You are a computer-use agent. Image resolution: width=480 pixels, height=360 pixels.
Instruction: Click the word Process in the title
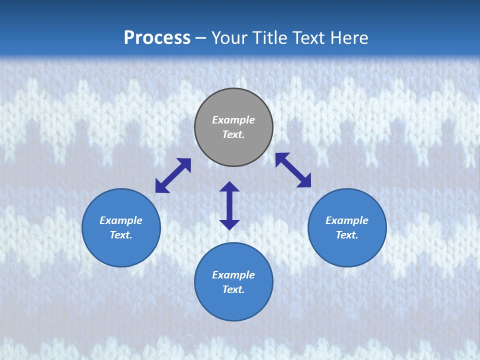pyautogui.click(x=157, y=38)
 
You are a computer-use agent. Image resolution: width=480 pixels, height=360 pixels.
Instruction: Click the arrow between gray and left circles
pyautogui.click(x=173, y=175)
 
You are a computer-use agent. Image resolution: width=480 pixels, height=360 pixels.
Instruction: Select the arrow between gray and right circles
pyautogui.click(x=293, y=170)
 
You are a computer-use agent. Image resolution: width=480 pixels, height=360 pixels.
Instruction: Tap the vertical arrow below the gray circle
pyautogui.click(x=229, y=205)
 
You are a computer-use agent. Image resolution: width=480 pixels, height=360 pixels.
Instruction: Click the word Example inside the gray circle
pyautogui.click(x=233, y=120)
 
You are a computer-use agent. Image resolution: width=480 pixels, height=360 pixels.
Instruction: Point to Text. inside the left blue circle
pyautogui.click(x=121, y=235)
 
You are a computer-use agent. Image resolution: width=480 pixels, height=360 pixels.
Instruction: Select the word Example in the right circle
pyautogui.click(x=347, y=220)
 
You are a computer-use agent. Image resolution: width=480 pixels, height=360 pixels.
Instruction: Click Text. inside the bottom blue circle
pyautogui.click(x=233, y=289)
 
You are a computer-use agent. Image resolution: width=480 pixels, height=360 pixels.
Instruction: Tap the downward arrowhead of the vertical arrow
pyautogui.click(x=229, y=224)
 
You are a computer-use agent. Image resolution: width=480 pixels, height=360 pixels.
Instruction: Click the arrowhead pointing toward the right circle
pyautogui.click(x=304, y=181)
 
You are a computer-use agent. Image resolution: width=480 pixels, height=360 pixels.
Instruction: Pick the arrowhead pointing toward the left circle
pyautogui.click(x=161, y=186)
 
